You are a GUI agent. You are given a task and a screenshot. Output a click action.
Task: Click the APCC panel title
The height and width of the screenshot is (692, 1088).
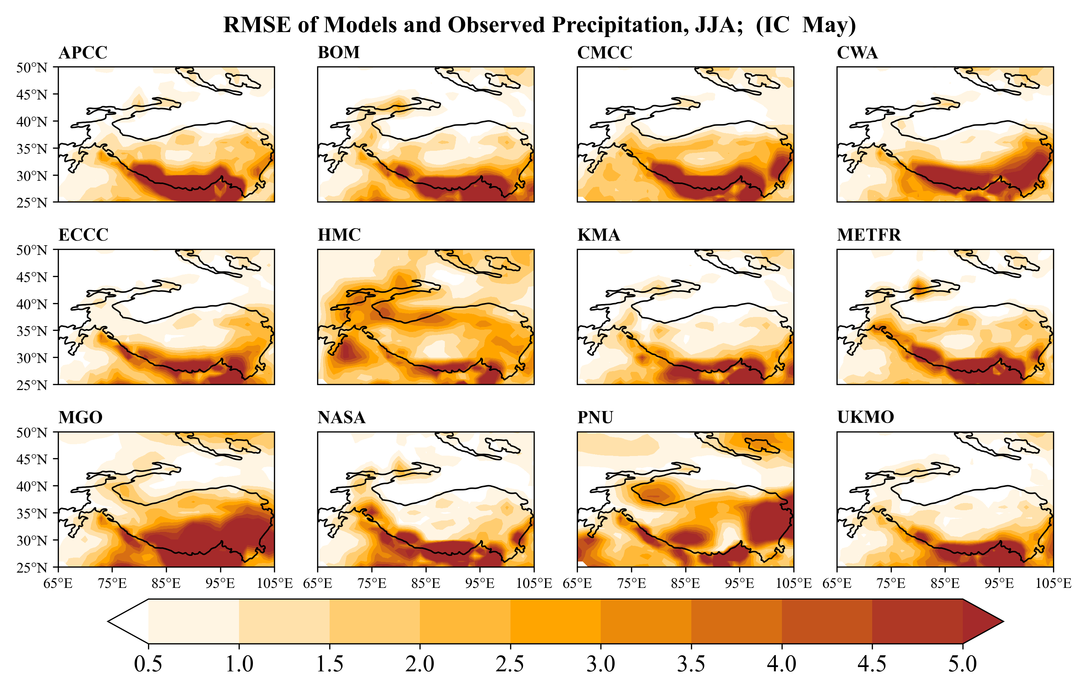83,52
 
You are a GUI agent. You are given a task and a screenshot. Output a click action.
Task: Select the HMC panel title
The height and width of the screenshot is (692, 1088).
339,235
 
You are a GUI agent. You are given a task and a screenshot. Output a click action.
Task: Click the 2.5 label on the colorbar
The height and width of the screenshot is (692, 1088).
510,664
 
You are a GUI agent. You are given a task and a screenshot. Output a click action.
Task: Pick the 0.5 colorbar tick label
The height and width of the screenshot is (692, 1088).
148,664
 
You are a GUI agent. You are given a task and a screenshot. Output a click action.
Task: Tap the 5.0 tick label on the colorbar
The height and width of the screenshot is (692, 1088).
962,664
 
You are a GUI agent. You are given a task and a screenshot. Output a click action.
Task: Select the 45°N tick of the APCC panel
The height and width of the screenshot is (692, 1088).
32,94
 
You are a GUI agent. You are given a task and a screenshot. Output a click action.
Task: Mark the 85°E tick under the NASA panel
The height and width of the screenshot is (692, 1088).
426,584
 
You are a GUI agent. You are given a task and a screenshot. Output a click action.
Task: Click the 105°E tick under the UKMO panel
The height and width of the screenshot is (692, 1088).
1053,584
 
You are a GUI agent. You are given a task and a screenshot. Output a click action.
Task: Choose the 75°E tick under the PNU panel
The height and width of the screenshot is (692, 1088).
631,584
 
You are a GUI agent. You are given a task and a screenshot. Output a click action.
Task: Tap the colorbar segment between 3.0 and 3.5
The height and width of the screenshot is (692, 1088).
646,621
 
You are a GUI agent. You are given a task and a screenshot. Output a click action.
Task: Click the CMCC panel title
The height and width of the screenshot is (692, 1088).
605,52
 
